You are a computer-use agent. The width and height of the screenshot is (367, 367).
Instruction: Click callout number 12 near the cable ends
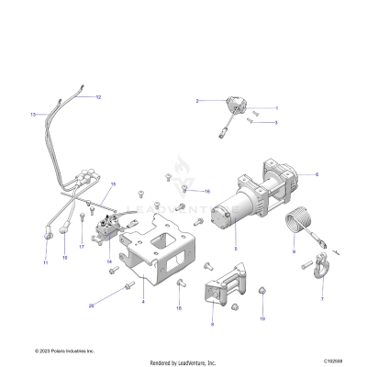pos(98,96)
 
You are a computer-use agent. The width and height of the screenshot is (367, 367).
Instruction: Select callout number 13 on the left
pos(33,115)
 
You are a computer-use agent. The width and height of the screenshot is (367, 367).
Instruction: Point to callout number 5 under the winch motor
pos(235,250)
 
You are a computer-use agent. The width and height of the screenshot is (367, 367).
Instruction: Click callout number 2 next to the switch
pos(196,99)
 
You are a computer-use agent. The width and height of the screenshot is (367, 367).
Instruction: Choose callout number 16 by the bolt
pos(207,191)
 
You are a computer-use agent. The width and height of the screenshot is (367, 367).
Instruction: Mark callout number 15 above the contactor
pos(113,184)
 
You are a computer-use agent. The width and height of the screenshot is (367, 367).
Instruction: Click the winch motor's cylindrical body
pos(237,217)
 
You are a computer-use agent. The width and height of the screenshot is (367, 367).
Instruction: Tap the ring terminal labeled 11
pos(44,248)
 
